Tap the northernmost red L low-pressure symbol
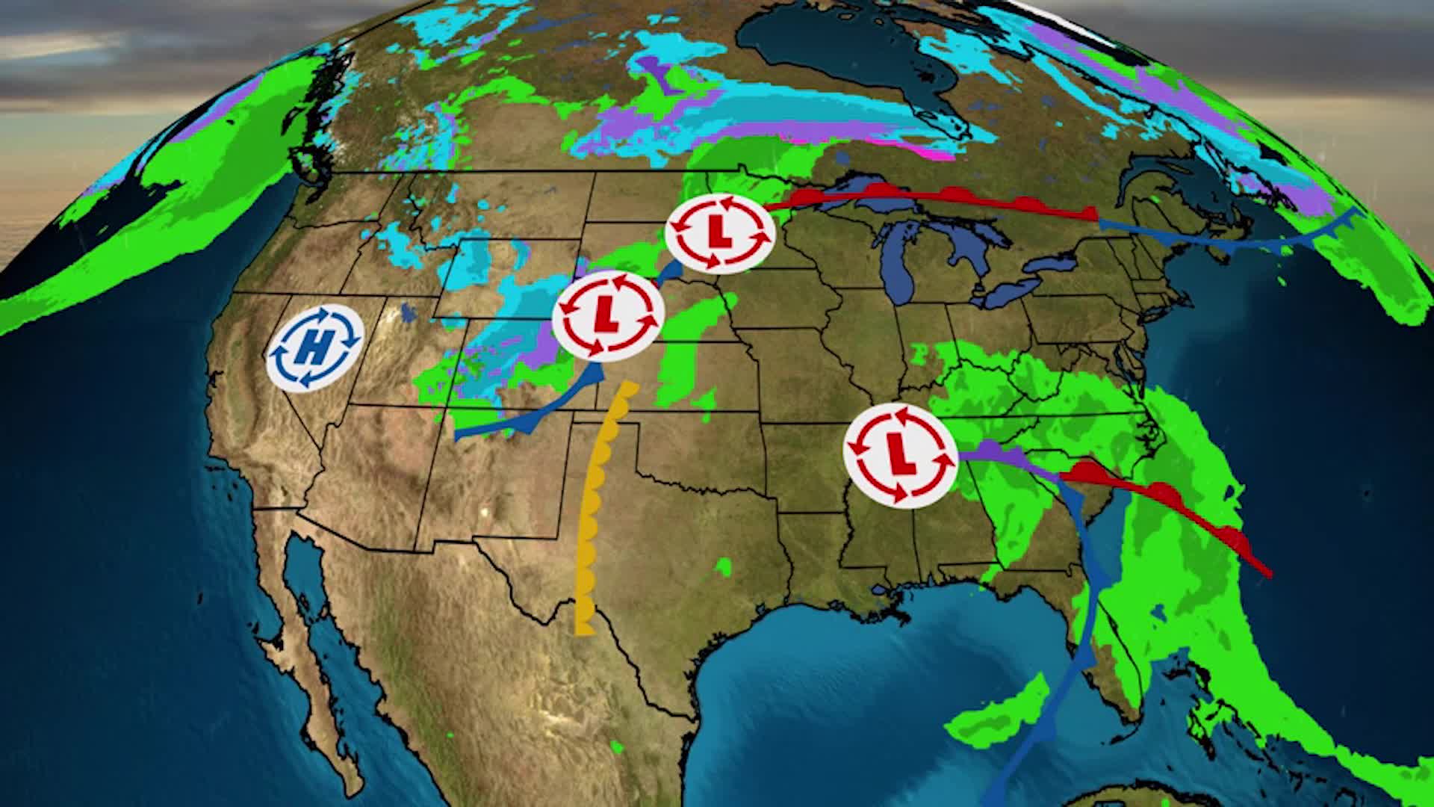pos(720,231)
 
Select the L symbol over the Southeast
pos(900,454)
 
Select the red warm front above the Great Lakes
pos(934,197)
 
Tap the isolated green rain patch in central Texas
pos(722,566)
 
